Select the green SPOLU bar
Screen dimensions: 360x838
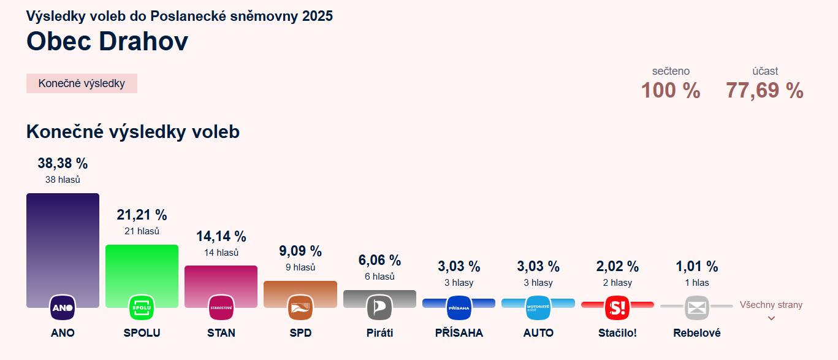click(x=142, y=270)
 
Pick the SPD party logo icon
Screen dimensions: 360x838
click(x=300, y=307)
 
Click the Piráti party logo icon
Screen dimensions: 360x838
click(x=379, y=307)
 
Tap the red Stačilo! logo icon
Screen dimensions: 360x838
click(x=617, y=307)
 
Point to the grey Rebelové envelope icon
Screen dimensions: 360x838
click(x=696, y=307)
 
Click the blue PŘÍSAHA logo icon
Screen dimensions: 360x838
click(x=459, y=307)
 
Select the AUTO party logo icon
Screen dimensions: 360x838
click(x=538, y=307)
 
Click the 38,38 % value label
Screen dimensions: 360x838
click(x=63, y=163)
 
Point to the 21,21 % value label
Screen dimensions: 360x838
click(x=142, y=215)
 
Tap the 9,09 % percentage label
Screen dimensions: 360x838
click(x=300, y=251)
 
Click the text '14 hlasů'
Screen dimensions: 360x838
click(x=221, y=252)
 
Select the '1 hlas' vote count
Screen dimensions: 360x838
click(x=696, y=283)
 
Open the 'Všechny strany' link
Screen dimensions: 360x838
click(x=771, y=305)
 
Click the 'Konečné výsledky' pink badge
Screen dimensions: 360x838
click(x=82, y=83)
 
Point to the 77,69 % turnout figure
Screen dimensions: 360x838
click(x=764, y=90)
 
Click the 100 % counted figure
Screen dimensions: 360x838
click(x=671, y=90)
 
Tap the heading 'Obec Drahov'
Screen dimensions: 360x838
click(x=107, y=41)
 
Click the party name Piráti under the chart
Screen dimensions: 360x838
click(x=379, y=333)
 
